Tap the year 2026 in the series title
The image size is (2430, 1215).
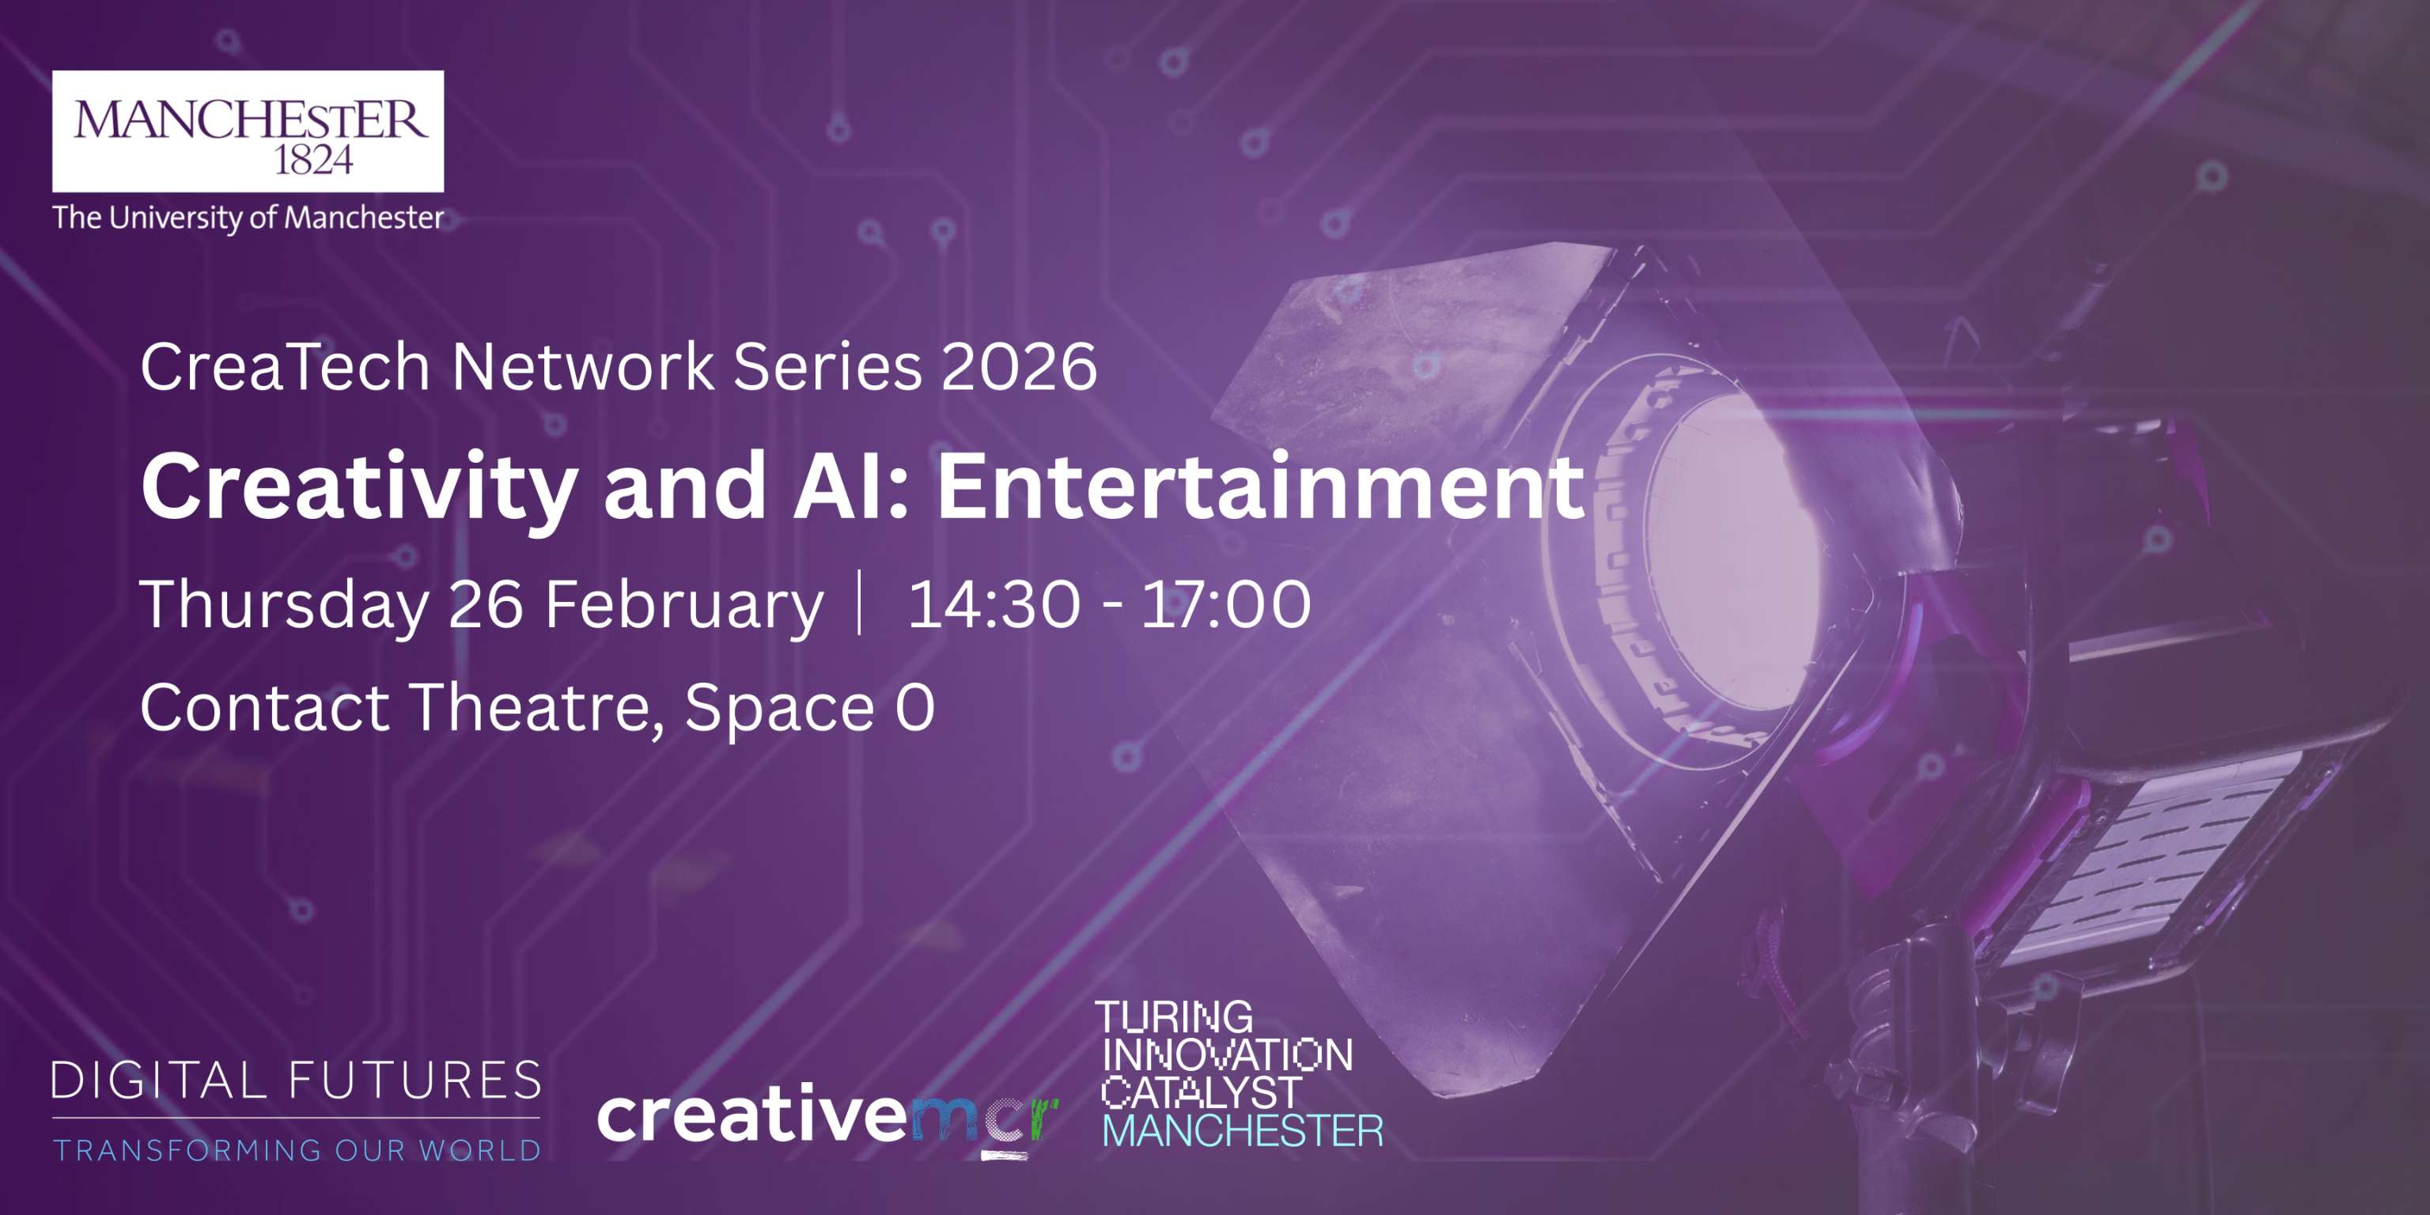pyautogui.click(x=1020, y=366)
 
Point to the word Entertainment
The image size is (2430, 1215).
pyautogui.click(x=1260, y=486)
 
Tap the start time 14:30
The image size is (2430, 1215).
pyautogui.click(x=994, y=604)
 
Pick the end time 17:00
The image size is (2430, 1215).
pyautogui.click(x=1226, y=604)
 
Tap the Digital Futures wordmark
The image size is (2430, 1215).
pyautogui.click(x=296, y=1081)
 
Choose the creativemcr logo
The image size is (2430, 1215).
pyautogui.click(x=828, y=1121)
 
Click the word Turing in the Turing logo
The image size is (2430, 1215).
pyautogui.click(x=1175, y=1017)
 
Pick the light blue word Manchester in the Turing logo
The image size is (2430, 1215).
pyautogui.click(x=1243, y=1131)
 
